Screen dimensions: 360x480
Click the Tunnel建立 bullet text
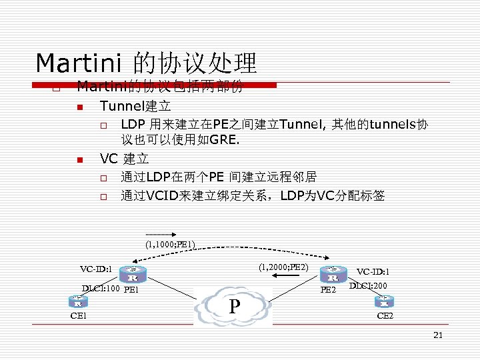pos(135,106)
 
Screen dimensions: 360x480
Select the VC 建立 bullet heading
pos(124,159)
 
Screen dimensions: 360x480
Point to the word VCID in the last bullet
pos(162,196)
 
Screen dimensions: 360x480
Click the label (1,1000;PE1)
pos(170,245)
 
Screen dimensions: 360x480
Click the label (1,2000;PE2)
pos(283,267)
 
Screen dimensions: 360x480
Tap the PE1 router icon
pos(132,275)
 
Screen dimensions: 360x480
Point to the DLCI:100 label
pos(101,289)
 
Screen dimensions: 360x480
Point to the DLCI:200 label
pos(369,285)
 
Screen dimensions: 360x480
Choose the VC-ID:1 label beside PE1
pos(95,269)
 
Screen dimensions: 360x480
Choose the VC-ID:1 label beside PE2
pos(373,272)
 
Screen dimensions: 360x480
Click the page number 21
pos(437,335)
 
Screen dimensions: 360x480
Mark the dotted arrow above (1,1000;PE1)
pos(159,235)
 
